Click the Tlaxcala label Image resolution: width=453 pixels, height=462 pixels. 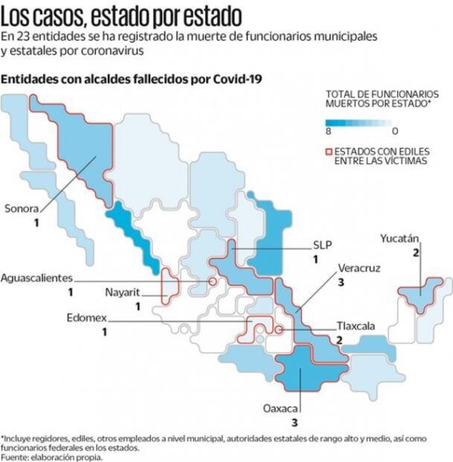coord(355,326)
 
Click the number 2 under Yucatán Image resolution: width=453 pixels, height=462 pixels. coord(417,253)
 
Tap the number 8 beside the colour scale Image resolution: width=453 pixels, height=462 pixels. coord(328,131)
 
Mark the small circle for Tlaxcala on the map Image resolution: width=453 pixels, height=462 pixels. coord(278,329)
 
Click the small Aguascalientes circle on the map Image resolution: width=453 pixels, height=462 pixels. coord(213,282)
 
